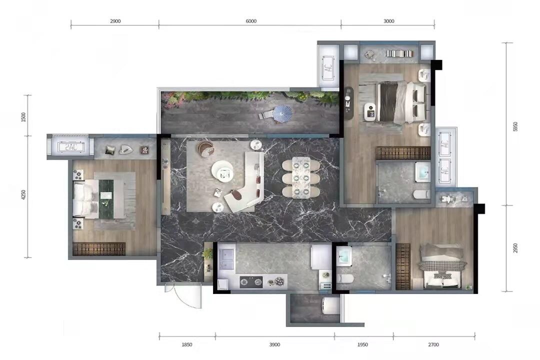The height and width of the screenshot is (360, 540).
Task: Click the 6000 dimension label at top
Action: point(251,21)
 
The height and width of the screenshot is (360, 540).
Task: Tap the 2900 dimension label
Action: point(115,21)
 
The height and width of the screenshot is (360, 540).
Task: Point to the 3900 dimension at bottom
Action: point(275,344)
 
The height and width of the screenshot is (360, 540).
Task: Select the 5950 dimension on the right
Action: point(515,126)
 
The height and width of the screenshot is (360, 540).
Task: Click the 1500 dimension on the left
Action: point(23,117)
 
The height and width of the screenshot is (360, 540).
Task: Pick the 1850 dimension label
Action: point(186,344)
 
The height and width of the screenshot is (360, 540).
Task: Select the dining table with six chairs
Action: point(301,177)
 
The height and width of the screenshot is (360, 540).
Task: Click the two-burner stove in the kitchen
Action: point(251,282)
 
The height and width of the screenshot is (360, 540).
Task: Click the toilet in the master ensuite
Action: point(420,195)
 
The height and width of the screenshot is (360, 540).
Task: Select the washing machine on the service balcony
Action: point(330,306)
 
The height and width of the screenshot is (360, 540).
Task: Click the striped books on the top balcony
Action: point(399,53)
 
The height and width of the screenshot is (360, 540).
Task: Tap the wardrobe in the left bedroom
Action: point(99,249)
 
